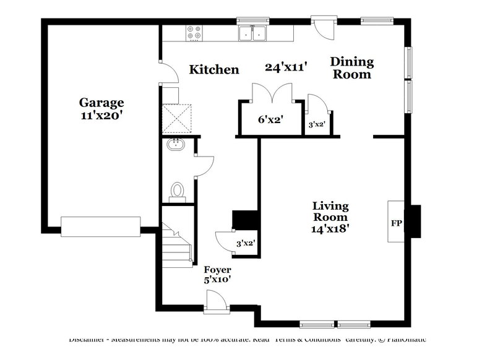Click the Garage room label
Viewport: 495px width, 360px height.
(101, 103)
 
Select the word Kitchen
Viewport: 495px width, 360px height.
(214, 69)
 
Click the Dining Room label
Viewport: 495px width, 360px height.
(351, 68)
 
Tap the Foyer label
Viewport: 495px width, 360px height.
(218, 270)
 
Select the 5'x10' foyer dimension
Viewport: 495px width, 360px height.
(218, 280)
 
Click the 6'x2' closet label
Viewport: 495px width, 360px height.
(270, 120)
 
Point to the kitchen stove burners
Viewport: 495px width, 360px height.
(194, 32)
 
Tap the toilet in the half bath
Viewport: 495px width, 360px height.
(178, 190)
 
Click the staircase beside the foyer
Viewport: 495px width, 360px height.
(177, 244)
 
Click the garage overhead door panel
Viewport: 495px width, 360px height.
(100, 226)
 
